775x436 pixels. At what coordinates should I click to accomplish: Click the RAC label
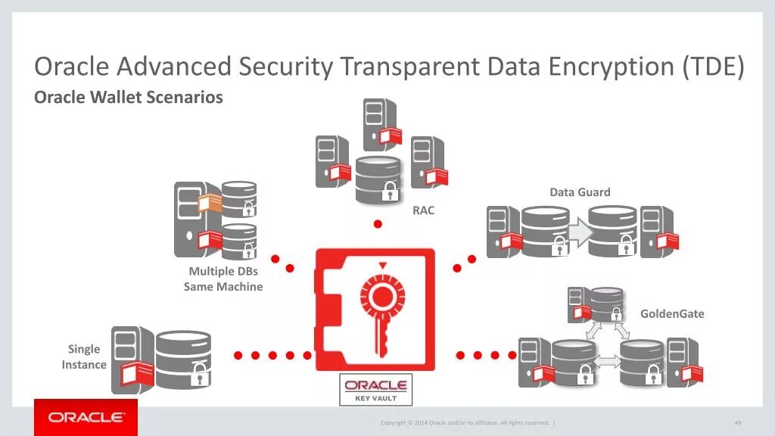coord(423,210)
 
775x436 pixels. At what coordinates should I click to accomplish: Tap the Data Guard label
coord(580,192)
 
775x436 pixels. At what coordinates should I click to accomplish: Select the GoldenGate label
coord(672,313)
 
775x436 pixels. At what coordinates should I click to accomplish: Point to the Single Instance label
coord(84,357)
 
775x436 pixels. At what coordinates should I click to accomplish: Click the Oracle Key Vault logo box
coord(376,389)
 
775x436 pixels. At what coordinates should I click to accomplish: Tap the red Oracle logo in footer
coord(86,417)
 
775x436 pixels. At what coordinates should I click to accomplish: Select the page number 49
coord(737,422)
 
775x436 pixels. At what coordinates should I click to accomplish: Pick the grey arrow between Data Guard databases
coord(579,232)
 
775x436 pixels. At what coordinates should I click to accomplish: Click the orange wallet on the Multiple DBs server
coord(210,203)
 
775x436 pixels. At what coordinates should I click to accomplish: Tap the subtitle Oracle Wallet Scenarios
coord(129,97)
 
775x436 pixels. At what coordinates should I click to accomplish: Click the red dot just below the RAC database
coord(378,224)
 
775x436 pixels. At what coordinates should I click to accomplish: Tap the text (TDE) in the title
coord(712,67)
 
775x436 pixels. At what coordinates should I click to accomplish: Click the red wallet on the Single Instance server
coord(137,373)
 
